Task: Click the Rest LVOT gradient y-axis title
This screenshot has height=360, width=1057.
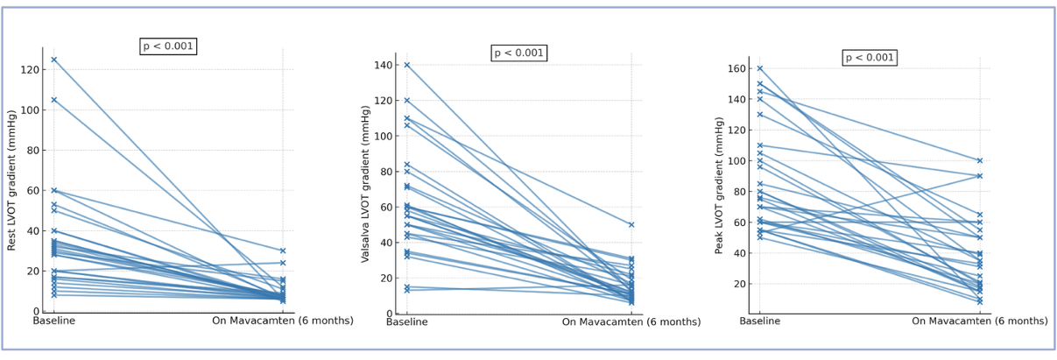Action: (12, 180)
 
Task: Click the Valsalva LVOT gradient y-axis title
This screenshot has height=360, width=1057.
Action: (366, 183)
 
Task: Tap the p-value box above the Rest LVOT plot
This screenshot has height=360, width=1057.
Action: (168, 46)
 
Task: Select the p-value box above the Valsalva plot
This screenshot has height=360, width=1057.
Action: (519, 53)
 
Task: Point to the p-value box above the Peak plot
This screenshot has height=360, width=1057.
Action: (870, 58)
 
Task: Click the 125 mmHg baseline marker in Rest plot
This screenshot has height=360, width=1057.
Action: (53, 60)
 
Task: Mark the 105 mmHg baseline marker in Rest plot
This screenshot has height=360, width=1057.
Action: (53, 100)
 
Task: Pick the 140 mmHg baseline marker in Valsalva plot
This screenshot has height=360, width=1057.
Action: (406, 65)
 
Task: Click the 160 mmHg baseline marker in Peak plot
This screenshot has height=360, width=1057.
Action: (759, 68)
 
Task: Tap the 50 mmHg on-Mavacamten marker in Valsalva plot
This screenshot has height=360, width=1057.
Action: (631, 224)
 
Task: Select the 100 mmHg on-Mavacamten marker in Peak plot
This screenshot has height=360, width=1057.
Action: (980, 160)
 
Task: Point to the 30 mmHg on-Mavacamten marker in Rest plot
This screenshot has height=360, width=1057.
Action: (282, 251)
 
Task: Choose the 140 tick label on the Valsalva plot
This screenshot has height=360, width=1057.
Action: (382, 66)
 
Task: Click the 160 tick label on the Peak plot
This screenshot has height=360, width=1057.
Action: (736, 68)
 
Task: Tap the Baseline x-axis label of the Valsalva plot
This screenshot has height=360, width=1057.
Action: (406, 322)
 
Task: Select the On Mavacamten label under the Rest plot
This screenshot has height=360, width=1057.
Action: (282, 321)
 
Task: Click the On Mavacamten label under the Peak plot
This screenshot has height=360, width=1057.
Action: (980, 321)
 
